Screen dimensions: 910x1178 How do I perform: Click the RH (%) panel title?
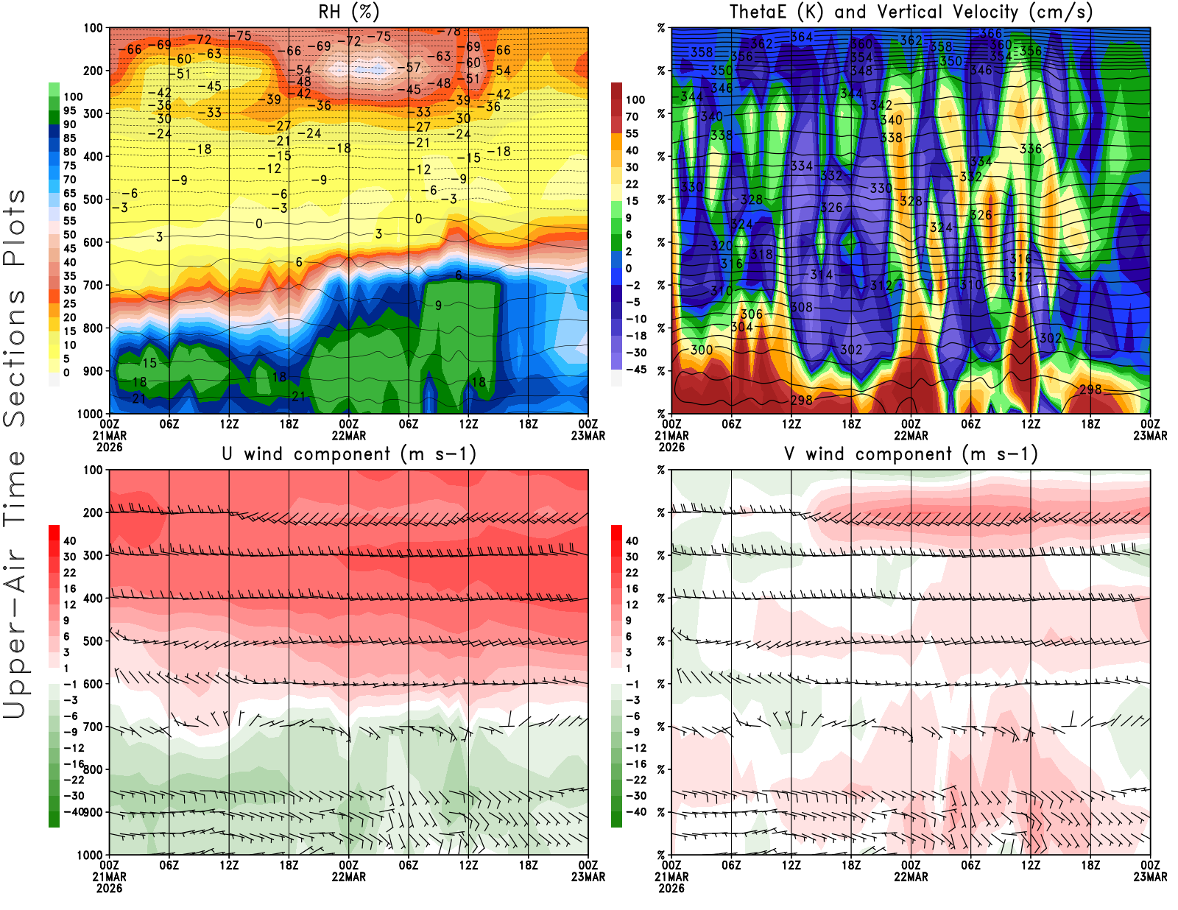coord(349,12)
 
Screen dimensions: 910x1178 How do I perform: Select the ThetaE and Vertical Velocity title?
coord(911,12)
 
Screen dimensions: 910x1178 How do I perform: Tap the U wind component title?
coord(349,454)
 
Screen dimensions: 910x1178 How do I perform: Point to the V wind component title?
coord(911,454)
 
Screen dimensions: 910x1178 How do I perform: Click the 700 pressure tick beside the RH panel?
coord(94,285)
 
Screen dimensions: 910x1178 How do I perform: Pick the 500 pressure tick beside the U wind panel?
coord(94,641)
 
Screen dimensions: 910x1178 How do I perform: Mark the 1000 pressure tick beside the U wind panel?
coord(91,855)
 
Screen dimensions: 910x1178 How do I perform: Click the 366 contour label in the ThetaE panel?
coord(991,33)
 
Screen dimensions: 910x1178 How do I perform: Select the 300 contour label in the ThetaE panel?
coord(702,350)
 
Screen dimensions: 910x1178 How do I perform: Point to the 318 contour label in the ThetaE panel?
coord(761,255)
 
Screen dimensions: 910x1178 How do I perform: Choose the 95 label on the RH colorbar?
coord(69,110)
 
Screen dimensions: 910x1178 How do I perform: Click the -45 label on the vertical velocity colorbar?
coord(635,370)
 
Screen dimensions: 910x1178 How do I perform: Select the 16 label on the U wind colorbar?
coord(69,588)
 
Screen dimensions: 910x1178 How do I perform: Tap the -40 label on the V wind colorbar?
coord(635,811)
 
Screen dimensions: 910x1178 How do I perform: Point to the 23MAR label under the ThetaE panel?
coord(1150,435)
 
